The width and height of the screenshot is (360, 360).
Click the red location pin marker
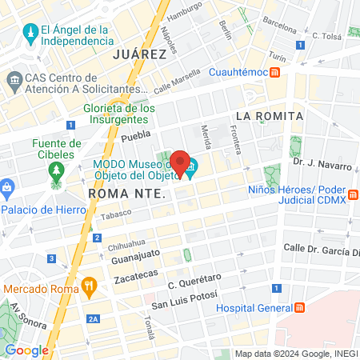(x=181, y=162)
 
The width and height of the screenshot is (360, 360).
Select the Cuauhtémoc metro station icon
(x=274, y=72)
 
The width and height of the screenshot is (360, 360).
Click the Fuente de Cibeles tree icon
(x=56, y=171)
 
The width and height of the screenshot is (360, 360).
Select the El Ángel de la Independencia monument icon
(x=30, y=33)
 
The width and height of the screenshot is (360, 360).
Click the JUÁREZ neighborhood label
(x=140, y=54)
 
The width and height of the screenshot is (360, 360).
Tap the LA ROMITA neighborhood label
(x=269, y=116)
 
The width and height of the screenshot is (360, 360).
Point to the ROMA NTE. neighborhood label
(x=126, y=194)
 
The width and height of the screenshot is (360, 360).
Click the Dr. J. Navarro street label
(x=322, y=165)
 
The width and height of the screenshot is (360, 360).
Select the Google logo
(x=26, y=350)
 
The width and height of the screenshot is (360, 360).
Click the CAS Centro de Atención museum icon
(x=14, y=81)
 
